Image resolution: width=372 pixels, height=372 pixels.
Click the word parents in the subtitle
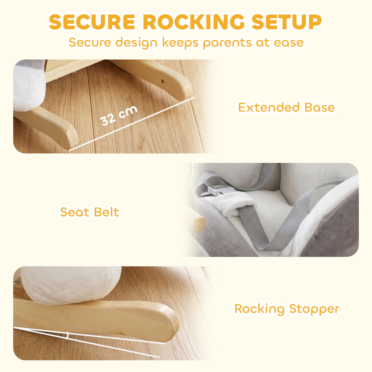pyautogui.click(x=227, y=43)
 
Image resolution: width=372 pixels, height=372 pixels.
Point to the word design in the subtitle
pyautogui.click(x=136, y=42)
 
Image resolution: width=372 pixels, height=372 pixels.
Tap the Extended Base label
pyautogui.click(x=286, y=107)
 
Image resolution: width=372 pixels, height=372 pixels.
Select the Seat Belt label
pyautogui.click(x=90, y=212)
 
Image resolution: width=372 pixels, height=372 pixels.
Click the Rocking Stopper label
pyautogui.click(x=287, y=309)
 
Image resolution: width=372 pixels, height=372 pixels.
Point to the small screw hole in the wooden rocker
pyautogui.click(x=162, y=81)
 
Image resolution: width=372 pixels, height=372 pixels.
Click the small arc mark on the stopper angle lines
pyautogui.click(x=67, y=335)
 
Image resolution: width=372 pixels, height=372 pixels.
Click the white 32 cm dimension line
pyautogui.click(x=132, y=124)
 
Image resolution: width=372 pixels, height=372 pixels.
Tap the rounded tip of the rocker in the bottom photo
pyautogui.click(x=172, y=326)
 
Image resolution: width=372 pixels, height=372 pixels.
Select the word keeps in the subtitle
pyautogui.click(x=180, y=43)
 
